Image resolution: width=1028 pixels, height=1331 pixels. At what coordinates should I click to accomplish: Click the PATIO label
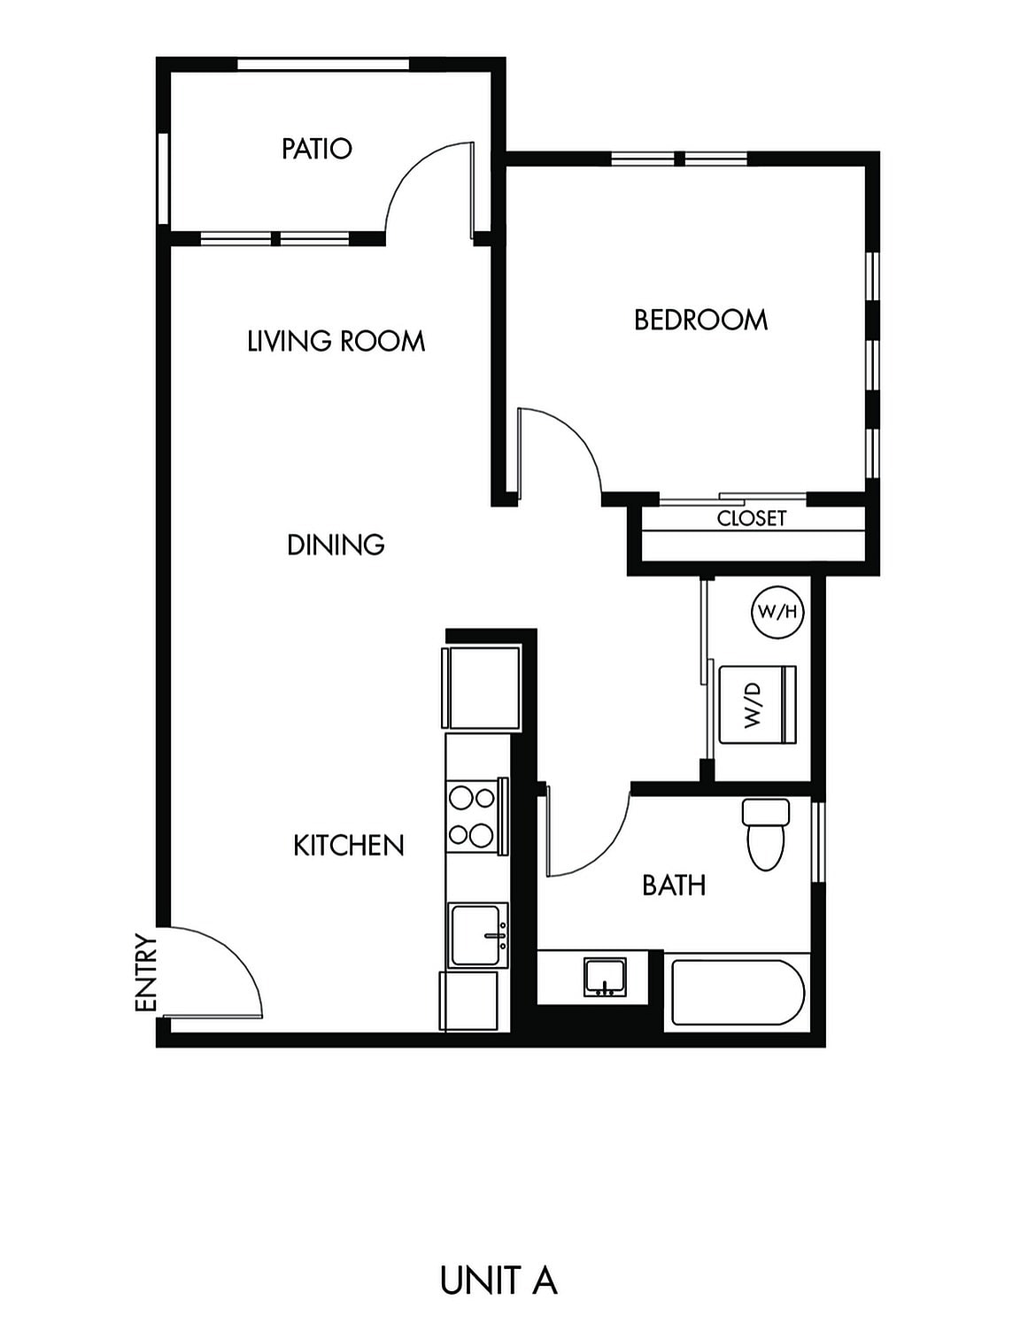316,149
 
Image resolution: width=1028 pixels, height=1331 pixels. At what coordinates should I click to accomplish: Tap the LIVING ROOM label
336,341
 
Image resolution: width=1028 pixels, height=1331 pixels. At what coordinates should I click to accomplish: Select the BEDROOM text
700,320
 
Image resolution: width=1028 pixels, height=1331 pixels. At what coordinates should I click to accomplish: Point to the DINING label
336,545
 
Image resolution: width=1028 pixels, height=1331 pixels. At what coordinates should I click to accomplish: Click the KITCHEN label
348,846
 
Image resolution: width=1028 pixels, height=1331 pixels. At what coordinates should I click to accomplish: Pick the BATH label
674,885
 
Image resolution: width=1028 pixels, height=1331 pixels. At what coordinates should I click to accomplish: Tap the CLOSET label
751,518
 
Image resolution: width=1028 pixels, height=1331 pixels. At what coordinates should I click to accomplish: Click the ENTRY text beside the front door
145,972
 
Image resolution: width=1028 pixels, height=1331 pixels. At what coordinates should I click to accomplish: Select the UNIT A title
499,1281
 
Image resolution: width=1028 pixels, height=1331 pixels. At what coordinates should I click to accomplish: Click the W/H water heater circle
777,612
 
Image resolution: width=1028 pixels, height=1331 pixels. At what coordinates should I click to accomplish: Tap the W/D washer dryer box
758,705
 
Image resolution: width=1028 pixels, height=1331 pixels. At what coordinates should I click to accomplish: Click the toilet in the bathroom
766,835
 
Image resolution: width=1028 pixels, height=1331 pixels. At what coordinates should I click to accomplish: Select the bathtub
737,992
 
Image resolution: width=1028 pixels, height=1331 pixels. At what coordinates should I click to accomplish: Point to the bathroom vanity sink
605,977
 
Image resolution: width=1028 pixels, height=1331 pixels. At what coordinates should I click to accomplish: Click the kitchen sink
478,935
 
